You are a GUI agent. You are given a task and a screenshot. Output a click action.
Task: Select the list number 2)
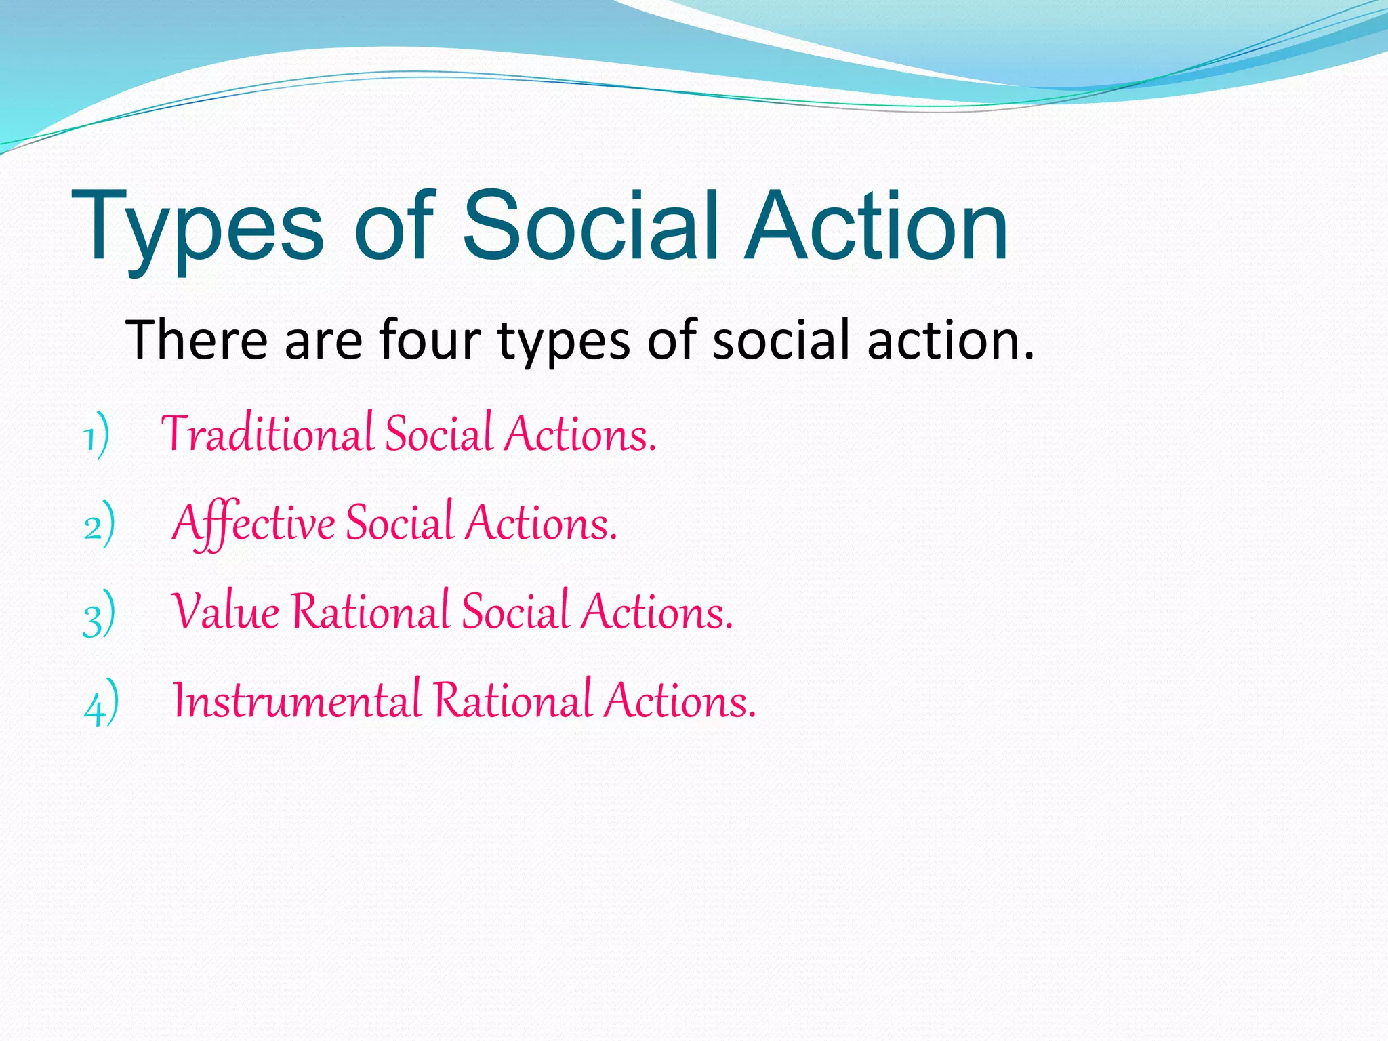[99, 525]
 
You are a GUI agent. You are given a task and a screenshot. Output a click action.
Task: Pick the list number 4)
[101, 703]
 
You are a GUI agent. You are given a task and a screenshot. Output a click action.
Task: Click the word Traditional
[267, 434]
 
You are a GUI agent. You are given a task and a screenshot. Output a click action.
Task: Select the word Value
[225, 612]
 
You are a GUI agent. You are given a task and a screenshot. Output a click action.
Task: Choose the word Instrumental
[297, 701]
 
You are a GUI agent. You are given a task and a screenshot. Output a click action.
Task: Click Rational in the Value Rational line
[371, 612]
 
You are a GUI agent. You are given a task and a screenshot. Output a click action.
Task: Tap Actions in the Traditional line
[580, 434]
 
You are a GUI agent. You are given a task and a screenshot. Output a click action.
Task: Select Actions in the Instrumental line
[680, 701]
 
